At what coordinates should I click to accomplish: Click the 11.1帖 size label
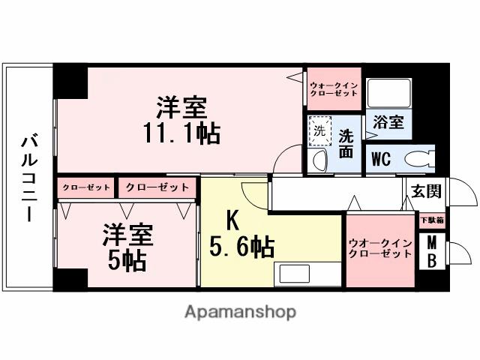(181, 133)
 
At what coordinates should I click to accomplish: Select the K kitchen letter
(233, 220)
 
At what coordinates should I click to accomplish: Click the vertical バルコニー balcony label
(28, 178)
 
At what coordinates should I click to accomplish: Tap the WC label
(381, 159)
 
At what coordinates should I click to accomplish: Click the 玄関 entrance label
(424, 190)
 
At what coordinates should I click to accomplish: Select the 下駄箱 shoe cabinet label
(430, 220)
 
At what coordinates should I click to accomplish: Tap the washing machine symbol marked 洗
(320, 130)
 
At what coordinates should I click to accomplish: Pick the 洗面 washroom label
(346, 143)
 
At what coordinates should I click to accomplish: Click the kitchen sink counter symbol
(301, 274)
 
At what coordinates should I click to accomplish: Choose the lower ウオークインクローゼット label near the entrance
(379, 248)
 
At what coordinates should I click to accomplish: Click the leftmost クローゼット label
(86, 187)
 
